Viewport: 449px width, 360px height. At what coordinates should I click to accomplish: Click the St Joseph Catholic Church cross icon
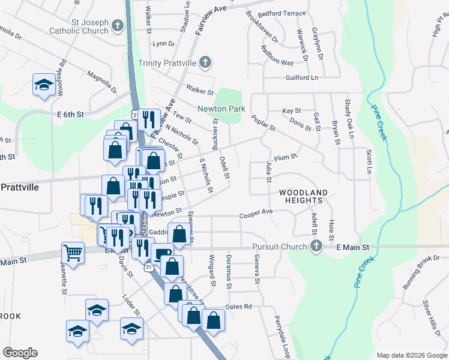pyautogui.click(x=117, y=26)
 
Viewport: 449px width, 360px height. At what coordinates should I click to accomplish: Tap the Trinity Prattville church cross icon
pyautogui.click(x=205, y=62)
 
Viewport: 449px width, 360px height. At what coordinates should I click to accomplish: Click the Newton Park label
pyautogui.click(x=221, y=109)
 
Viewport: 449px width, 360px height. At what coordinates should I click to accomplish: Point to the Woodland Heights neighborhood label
pyautogui.click(x=304, y=197)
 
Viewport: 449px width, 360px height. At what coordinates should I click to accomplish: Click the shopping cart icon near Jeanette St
pyautogui.click(x=73, y=253)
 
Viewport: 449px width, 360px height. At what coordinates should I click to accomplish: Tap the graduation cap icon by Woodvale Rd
pyautogui.click(x=43, y=86)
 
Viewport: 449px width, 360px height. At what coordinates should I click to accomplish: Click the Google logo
pyautogui.click(x=20, y=352)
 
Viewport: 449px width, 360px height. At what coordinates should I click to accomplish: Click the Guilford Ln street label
pyautogui.click(x=301, y=77)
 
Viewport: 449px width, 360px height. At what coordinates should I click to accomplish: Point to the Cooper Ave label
pyautogui.click(x=256, y=213)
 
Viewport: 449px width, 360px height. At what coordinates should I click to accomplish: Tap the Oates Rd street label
pyautogui.click(x=238, y=307)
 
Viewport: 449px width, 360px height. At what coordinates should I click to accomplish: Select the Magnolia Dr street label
pyautogui.click(x=101, y=82)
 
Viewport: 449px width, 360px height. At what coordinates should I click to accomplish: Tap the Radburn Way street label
pyautogui.click(x=277, y=55)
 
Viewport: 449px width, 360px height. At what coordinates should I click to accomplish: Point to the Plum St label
pyautogui.click(x=285, y=158)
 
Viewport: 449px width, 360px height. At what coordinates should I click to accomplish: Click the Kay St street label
pyautogui.click(x=291, y=111)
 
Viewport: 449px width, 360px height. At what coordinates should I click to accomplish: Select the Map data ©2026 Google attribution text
pyautogui.click(x=411, y=355)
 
